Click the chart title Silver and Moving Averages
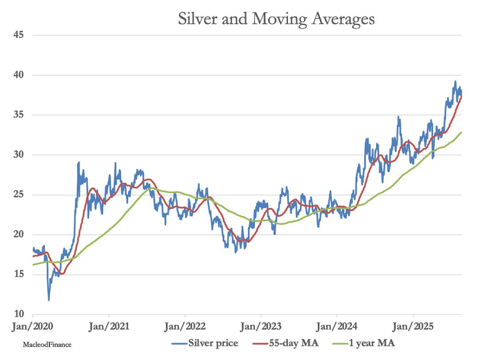click(x=276, y=18)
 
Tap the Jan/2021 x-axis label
click(x=109, y=327)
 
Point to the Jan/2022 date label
click(x=185, y=327)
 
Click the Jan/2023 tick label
click(x=260, y=327)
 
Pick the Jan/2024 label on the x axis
click(x=337, y=327)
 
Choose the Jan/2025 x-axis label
click(x=413, y=327)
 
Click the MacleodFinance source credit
click(x=47, y=345)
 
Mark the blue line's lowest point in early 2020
click(x=49, y=300)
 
